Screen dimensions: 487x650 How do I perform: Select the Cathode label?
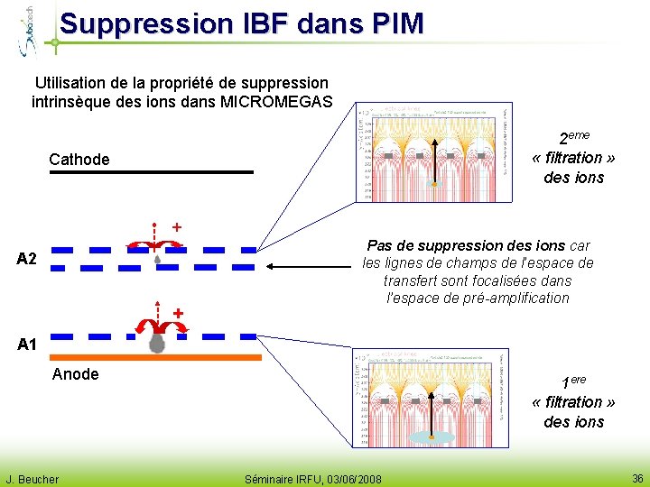point(79,160)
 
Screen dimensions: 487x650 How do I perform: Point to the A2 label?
point(27,260)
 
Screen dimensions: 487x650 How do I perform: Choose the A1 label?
point(27,344)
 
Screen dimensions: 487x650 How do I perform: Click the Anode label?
point(76,373)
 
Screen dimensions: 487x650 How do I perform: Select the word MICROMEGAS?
point(276,101)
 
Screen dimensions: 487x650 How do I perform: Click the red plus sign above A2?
point(177,226)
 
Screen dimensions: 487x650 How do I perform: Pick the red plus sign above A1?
point(179,313)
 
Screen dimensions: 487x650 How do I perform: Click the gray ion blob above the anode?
point(157,344)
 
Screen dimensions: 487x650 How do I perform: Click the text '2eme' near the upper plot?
point(573,137)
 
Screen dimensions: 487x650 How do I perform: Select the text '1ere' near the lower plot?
point(573,381)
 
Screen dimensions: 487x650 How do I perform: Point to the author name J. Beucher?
point(32,479)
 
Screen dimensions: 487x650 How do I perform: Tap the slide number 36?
point(636,479)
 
